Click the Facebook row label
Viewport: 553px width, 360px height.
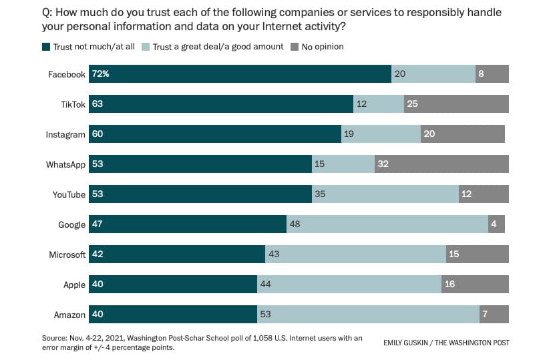pos(66,74)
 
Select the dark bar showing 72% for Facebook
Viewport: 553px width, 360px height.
pos(240,74)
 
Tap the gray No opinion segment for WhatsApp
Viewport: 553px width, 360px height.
pos(441,164)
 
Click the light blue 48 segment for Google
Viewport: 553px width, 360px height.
pos(387,224)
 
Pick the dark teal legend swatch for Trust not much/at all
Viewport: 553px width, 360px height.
pos(46,47)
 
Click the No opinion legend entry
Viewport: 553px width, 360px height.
pos(323,47)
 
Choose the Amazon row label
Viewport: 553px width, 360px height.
pos(70,315)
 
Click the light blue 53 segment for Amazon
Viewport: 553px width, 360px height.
pos(368,315)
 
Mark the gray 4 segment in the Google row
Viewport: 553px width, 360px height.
pos(496,224)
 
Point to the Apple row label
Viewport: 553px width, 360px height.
pos(74,285)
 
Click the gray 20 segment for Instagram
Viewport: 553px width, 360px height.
pos(462,134)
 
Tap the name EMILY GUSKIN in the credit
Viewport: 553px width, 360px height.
pos(406,343)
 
